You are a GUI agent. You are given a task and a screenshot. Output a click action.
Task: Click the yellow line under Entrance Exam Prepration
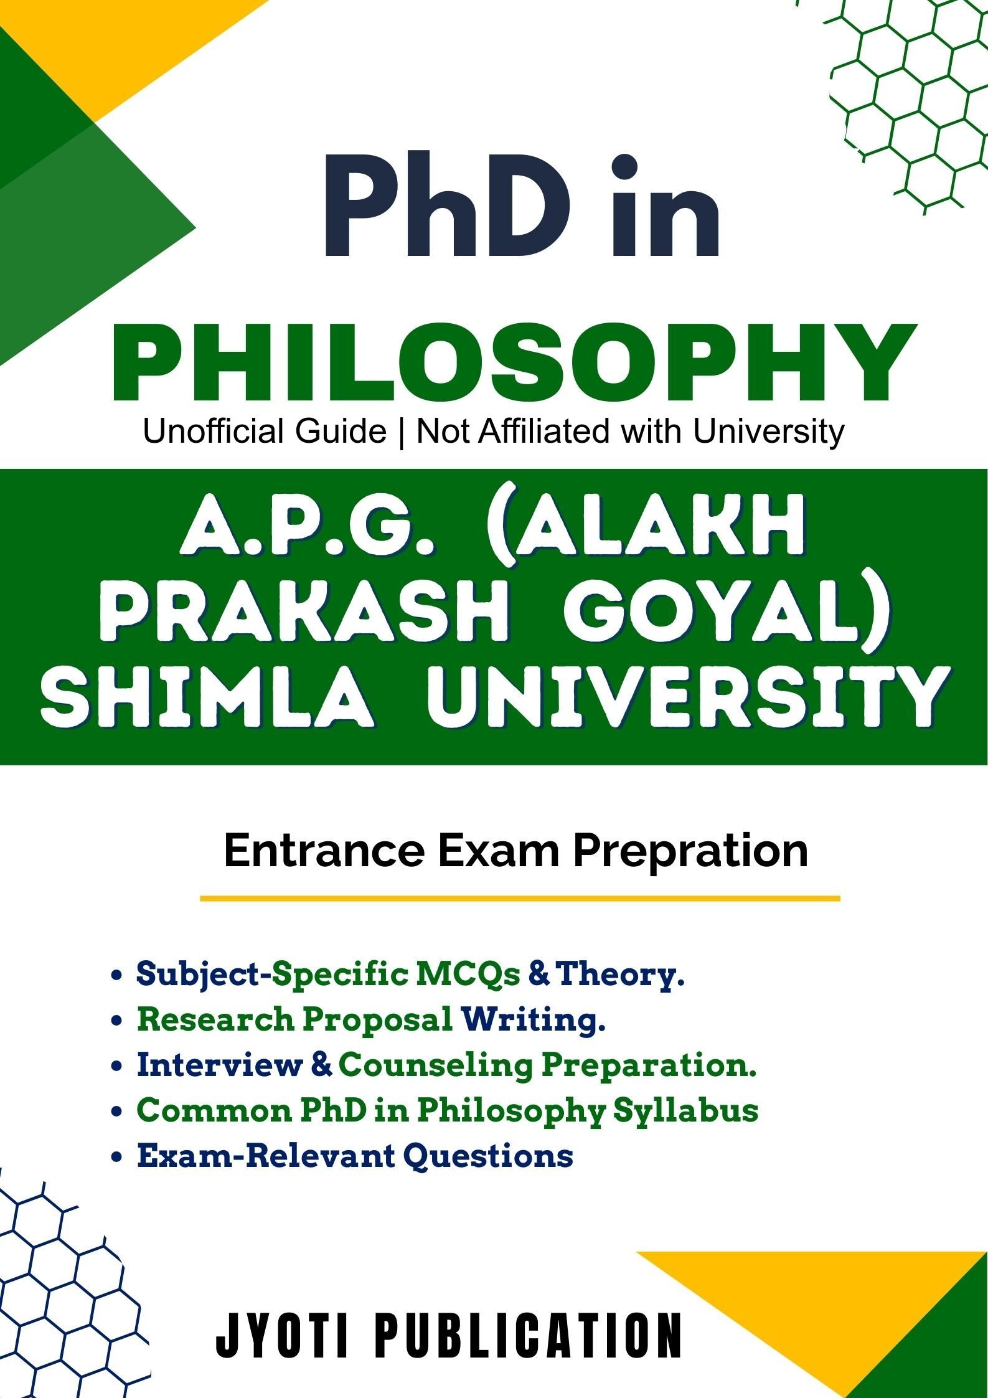[520, 898]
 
